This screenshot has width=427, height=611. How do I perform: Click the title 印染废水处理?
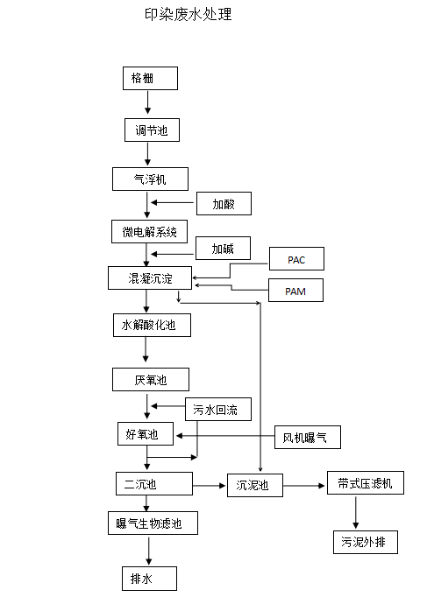point(188,14)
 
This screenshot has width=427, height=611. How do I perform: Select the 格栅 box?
point(150,78)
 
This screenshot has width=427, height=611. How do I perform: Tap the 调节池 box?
point(151,130)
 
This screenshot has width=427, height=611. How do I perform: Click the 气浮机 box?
point(151,179)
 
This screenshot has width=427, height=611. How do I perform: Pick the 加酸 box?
point(224,204)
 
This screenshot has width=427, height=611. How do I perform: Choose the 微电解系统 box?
point(149,231)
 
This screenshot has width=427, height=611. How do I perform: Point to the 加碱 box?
point(223,249)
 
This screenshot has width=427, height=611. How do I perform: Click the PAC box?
point(295,259)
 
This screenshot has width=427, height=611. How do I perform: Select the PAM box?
point(295,290)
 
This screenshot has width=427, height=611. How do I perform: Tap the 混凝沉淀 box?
point(151,278)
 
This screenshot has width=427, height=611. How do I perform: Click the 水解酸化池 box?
point(151,326)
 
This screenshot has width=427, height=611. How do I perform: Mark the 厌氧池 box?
point(150,379)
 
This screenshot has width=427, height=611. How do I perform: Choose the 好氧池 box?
point(146,433)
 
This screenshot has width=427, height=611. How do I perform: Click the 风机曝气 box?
point(306,436)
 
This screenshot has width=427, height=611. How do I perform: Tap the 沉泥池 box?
point(257,486)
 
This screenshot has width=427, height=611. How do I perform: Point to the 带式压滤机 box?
point(364,483)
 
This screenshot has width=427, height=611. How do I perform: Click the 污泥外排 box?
point(364,542)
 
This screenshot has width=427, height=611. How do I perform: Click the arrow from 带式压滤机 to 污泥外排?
point(356,512)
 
